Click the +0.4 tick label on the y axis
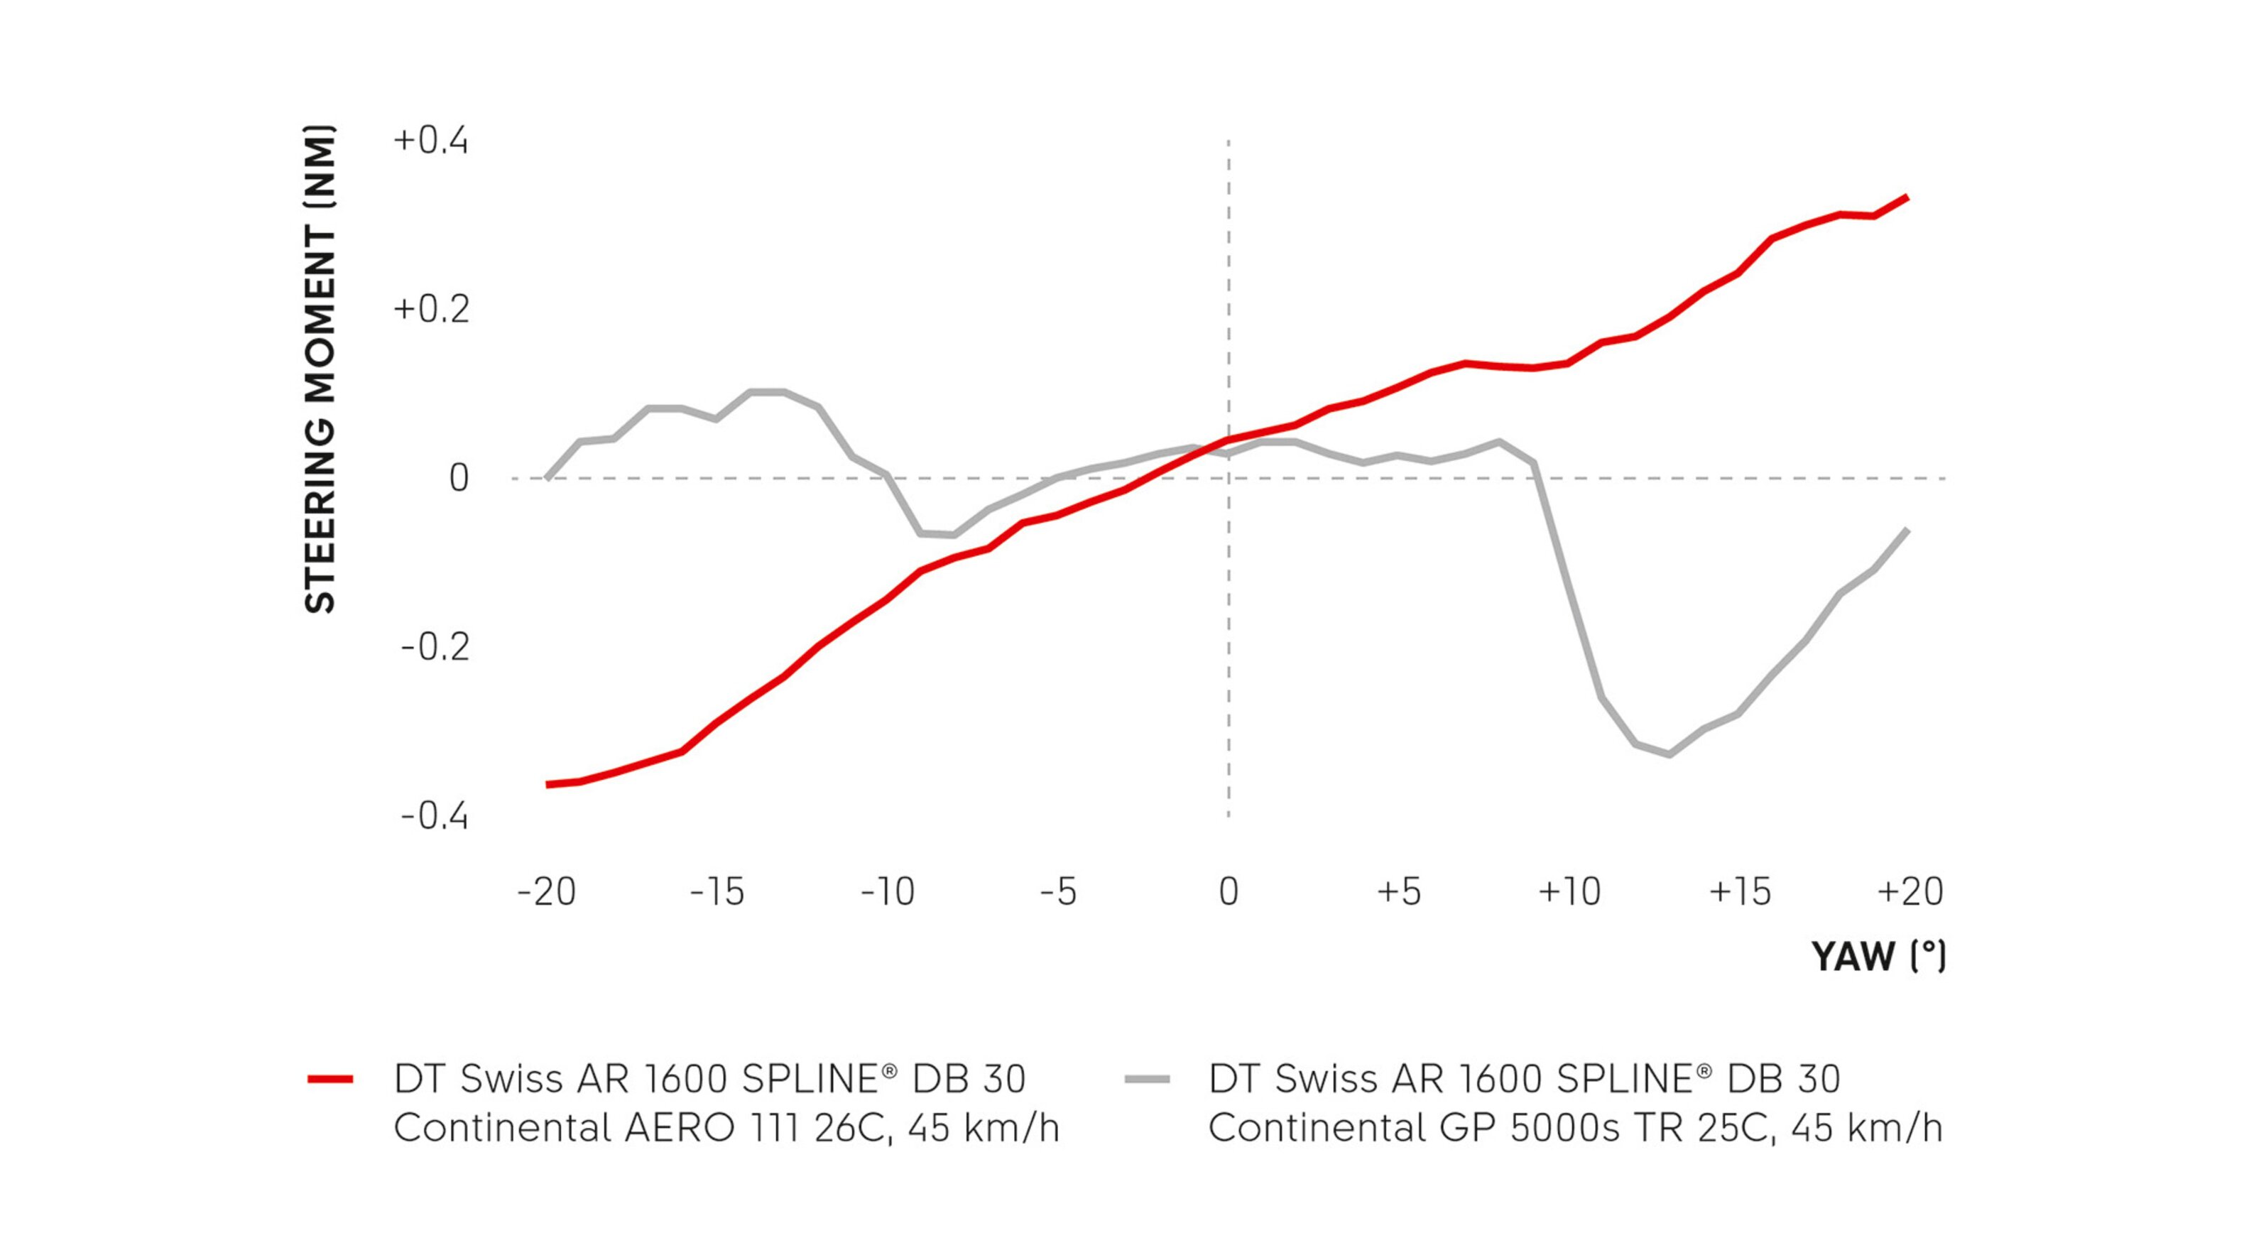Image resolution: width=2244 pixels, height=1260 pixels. (x=431, y=141)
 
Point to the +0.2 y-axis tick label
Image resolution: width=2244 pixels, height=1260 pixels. (x=431, y=310)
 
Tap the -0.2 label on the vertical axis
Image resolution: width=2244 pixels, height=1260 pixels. (x=435, y=648)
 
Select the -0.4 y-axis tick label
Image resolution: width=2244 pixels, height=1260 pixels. (x=435, y=817)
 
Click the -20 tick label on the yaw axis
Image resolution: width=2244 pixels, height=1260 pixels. (x=546, y=891)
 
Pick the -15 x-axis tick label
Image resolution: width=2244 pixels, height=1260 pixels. (x=717, y=891)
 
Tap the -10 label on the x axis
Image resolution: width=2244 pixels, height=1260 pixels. (x=888, y=891)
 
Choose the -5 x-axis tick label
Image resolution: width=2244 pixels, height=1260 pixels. (x=1058, y=891)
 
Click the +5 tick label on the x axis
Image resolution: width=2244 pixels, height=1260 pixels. (x=1399, y=891)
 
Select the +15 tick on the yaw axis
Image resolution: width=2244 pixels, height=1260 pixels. (x=1741, y=891)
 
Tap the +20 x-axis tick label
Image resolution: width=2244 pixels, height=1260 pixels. (x=1910, y=891)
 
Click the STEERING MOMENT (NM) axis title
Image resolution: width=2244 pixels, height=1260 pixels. (x=320, y=370)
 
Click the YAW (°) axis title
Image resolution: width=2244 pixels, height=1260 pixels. (x=1878, y=957)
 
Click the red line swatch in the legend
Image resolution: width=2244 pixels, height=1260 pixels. (x=330, y=1080)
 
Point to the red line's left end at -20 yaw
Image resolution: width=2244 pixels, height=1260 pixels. (x=547, y=785)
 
